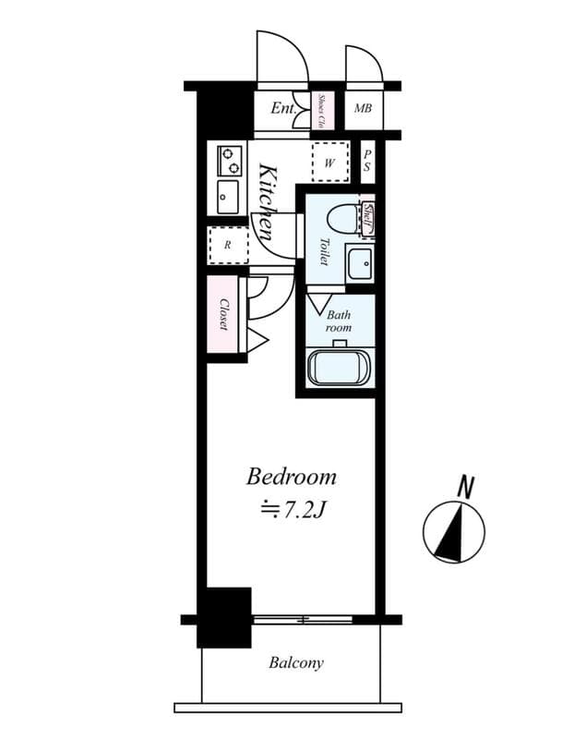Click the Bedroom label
click(x=291, y=478)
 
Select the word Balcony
click(x=296, y=663)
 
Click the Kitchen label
click(x=268, y=202)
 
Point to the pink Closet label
click(x=223, y=314)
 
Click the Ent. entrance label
click(x=282, y=109)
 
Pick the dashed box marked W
click(x=329, y=162)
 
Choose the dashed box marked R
click(x=227, y=246)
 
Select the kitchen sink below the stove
click(x=227, y=196)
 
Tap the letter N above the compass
click(x=467, y=487)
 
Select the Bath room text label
click(x=339, y=321)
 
